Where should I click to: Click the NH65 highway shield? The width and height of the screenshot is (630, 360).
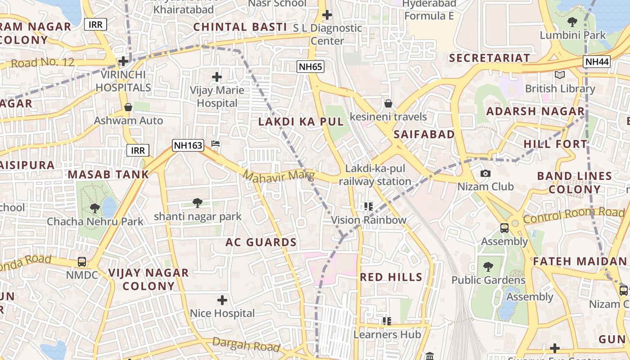[310, 67]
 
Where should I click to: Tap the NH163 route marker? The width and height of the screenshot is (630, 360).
[188, 145]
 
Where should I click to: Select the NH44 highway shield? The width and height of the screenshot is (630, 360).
[596, 62]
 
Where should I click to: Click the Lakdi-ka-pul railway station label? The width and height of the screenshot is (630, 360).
[375, 175]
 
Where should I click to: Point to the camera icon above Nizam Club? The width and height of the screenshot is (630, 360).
[485, 173]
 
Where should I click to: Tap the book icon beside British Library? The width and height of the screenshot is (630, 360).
[560, 75]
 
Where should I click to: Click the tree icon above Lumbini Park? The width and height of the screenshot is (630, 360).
[572, 22]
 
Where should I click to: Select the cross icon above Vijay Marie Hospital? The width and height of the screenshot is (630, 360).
[217, 77]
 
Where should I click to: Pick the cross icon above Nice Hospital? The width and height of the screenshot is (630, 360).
[222, 300]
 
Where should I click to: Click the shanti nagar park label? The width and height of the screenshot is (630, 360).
[198, 216]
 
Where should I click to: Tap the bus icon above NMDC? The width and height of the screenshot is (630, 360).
[82, 261]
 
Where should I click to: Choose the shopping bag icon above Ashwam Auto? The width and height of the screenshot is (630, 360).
[128, 107]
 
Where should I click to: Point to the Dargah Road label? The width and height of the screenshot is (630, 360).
[246, 344]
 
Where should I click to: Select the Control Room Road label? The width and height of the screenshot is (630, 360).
[574, 216]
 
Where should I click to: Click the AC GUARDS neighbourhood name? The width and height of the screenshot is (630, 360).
[261, 243]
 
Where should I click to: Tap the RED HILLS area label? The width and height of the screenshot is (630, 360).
[391, 277]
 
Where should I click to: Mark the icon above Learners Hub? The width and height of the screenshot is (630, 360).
[387, 321]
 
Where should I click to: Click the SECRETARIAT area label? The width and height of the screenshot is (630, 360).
[490, 58]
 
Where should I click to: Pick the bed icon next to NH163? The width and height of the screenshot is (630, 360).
[216, 144]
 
